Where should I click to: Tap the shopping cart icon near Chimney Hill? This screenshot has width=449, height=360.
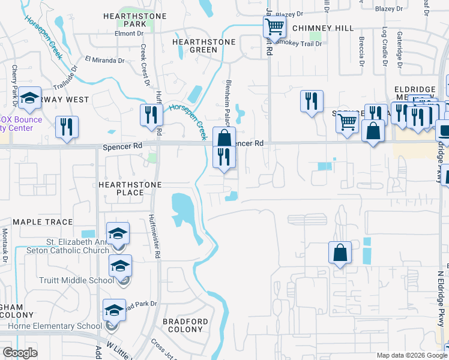click(274, 26)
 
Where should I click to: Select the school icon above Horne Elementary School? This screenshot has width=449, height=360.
click(114, 310)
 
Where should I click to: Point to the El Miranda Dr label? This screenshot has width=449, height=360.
click(104, 60)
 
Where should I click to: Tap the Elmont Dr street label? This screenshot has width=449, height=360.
click(128, 34)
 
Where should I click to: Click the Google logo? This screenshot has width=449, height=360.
click(20, 353)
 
